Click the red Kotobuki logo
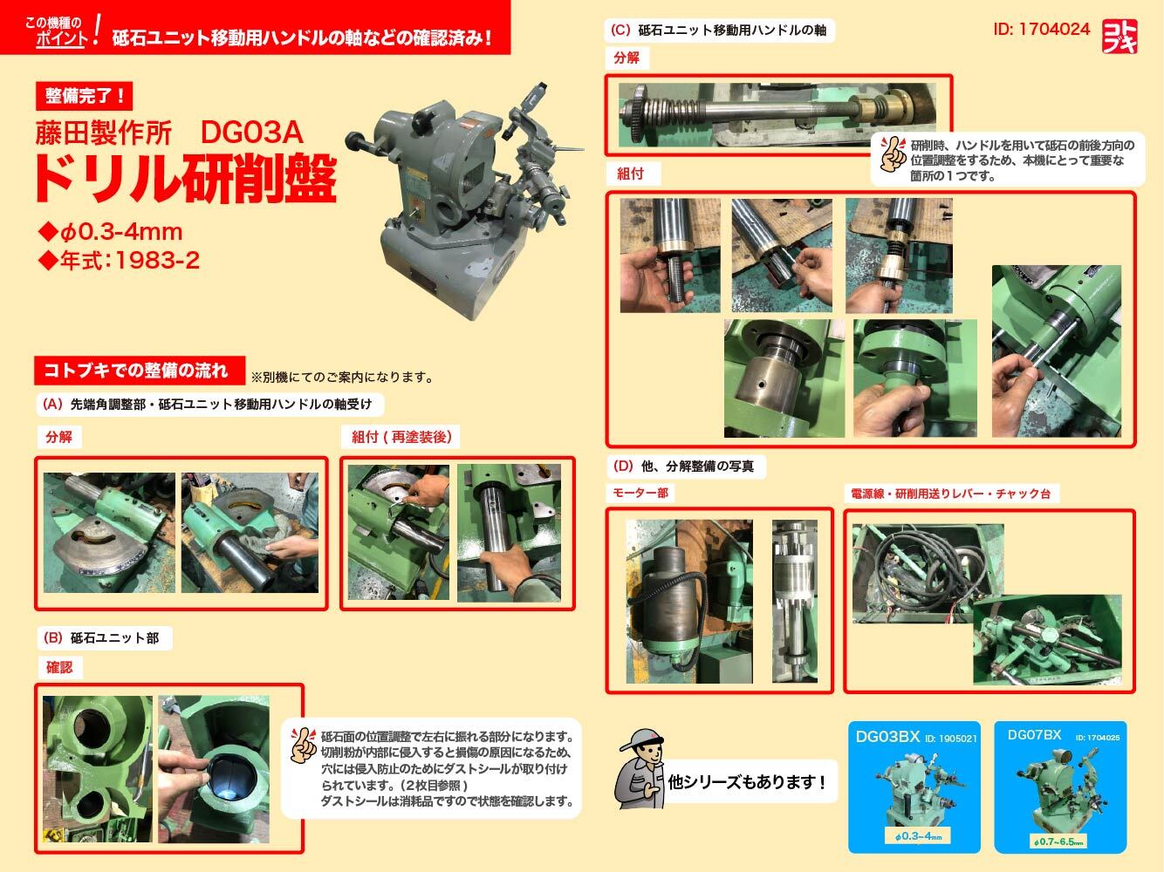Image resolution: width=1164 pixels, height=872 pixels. tap(1119, 36)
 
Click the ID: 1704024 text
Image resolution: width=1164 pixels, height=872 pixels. tap(1041, 29)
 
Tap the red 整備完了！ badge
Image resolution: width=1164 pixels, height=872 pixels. tap(84, 96)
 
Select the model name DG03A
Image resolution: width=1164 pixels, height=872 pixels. tap(251, 132)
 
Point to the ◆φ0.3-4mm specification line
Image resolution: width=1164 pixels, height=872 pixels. tap(111, 231)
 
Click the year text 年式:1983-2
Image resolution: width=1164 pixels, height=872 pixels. tap(120, 260)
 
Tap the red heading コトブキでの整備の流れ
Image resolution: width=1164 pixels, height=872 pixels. tap(140, 370)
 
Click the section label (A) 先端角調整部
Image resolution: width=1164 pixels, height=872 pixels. tap(94, 405)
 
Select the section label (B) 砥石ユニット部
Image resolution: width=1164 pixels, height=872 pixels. tap(100, 637)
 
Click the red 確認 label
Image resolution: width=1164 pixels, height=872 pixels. tap(58, 667)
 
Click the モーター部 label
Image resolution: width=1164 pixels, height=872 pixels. tap(640, 493)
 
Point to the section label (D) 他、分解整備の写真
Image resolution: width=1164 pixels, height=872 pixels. tap(683, 467)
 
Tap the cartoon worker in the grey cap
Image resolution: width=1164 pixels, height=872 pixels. tap(641, 769)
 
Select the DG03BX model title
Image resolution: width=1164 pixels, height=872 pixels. tap(887, 737)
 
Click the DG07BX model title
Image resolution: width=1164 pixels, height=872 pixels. tap(1034, 735)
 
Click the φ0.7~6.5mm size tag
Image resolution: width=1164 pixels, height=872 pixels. tap(1058, 841)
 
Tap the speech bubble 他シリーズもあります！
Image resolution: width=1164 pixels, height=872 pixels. tap(747, 781)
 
